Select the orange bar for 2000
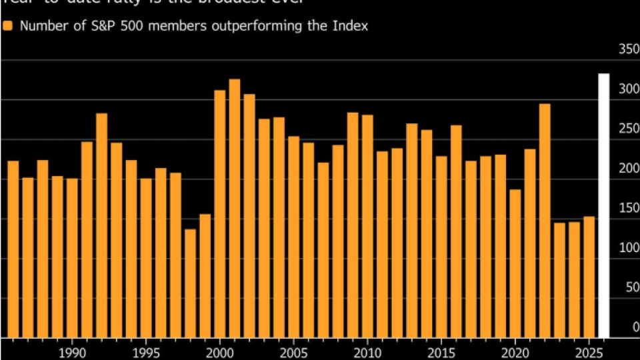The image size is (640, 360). (220, 213)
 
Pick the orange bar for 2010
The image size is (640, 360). (367, 226)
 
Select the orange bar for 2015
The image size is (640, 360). (441, 247)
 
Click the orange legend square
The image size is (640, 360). (7, 26)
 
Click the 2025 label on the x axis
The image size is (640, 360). (589, 351)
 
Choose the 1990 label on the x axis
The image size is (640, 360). (72, 351)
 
